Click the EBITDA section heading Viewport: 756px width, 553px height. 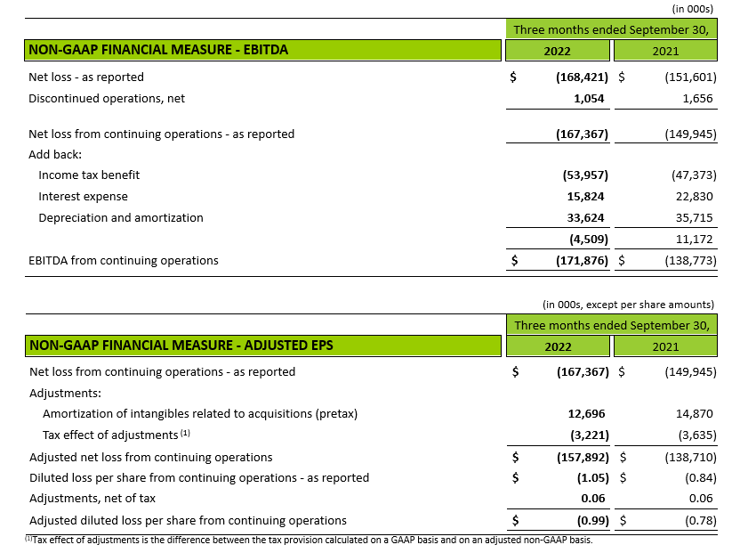pyautogui.click(x=158, y=51)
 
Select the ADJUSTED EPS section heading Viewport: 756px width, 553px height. pyautogui.click(x=181, y=345)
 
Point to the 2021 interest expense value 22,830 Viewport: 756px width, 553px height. pyautogui.click(x=695, y=197)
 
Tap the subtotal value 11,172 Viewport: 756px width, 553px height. pyautogui.click(x=695, y=239)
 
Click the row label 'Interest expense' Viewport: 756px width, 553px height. pyautogui.click(x=83, y=197)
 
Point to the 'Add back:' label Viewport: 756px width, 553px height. pyautogui.click(x=55, y=155)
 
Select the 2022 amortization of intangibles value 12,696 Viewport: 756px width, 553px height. pyautogui.click(x=586, y=413)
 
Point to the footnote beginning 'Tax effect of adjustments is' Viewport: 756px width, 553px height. pyautogui.click(x=311, y=541)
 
